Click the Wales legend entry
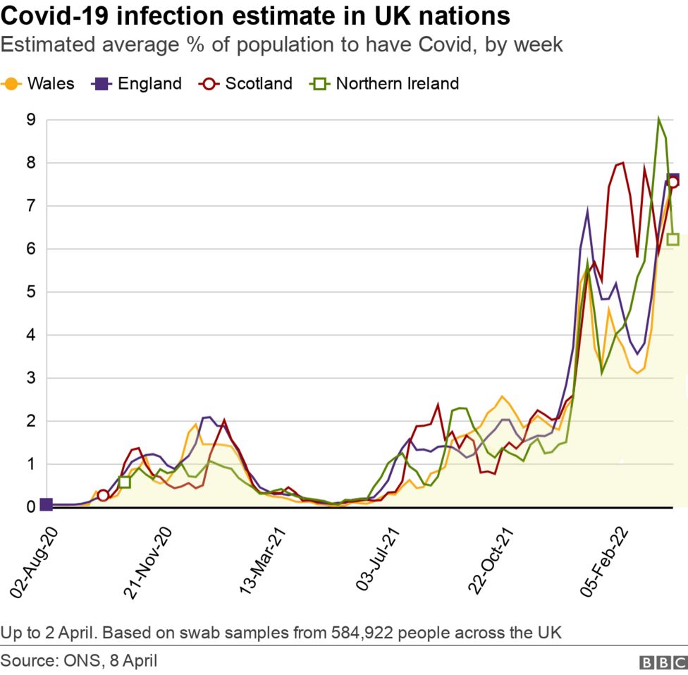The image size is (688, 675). (x=39, y=83)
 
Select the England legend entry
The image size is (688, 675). (x=137, y=83)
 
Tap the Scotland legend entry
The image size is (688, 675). (x=247, y=83)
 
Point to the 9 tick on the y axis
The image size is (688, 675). (x=30, y=120)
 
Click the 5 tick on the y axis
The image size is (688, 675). (x=30, y=292)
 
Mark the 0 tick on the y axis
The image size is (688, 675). (x=30, y=507)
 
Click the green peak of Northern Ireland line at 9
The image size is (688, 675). (x=658, y=120)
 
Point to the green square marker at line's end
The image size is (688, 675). (x=672, y=239)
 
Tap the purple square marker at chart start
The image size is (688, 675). (x=46, y=504)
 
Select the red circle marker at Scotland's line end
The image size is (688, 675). (x=672, y=182)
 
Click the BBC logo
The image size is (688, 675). (x=662, y=662)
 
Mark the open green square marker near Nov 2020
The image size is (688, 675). (x=125, y=482)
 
